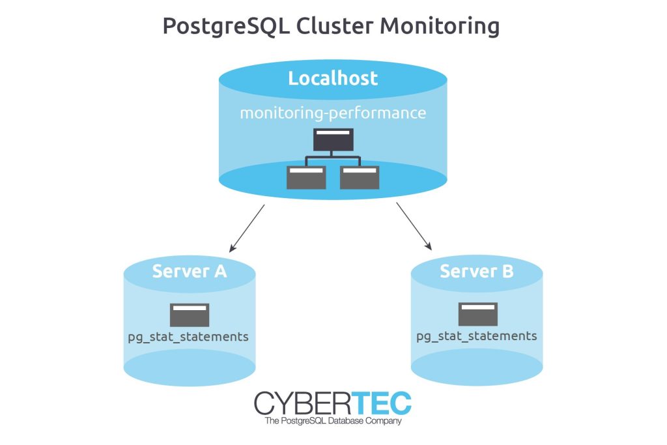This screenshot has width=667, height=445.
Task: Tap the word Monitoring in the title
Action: pyautogui.click(x=440, y=27)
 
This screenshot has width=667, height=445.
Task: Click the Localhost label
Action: pyautogui.click(x=333, y=79)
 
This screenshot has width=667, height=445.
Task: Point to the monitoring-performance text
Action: pyautogui.click(x=333, y=113)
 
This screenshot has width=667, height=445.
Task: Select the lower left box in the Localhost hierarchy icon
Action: pyautogui.click(x=306, y=177)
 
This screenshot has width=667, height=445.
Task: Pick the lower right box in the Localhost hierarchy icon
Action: pyautogui.click(x=360, y=177)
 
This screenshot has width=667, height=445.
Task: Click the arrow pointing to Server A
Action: pyautogui.click(x=247, y=228)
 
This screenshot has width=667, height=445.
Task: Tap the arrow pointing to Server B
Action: pyautogui.click(x=414, y=227)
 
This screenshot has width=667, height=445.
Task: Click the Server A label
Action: pyautogui.click(x=190, y=270)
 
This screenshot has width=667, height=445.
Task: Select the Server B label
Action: pyautogui.click(x=477, y=270)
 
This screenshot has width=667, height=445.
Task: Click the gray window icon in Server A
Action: pyautogui.click(x=190, y=315)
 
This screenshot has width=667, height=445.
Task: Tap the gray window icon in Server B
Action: pyautogui.click(x=477, y=314)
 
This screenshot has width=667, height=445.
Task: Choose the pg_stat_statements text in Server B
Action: pyautogui.click(x=477, y=336)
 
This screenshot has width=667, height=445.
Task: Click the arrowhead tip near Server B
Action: pyautogui.click(x=431, y=249)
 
